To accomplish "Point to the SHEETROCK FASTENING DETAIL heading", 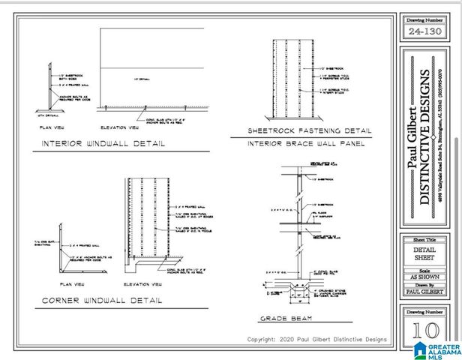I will pos(310,130).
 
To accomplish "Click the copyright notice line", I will pos(317,340).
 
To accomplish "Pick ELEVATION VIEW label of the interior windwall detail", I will pos(119,127).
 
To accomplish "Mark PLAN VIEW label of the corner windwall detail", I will pos(75,284).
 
